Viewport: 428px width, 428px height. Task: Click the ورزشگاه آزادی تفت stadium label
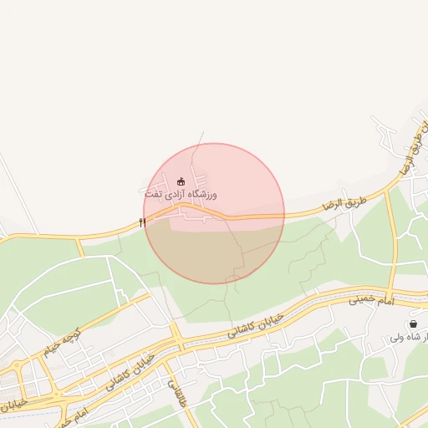coord(180,194)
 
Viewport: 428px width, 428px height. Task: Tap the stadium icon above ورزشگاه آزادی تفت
coord(181,181)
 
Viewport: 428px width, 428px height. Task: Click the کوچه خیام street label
coord(42,344)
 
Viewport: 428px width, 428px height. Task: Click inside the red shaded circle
coord(214,242)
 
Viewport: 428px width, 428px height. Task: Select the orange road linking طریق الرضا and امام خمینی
coord(392,242)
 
